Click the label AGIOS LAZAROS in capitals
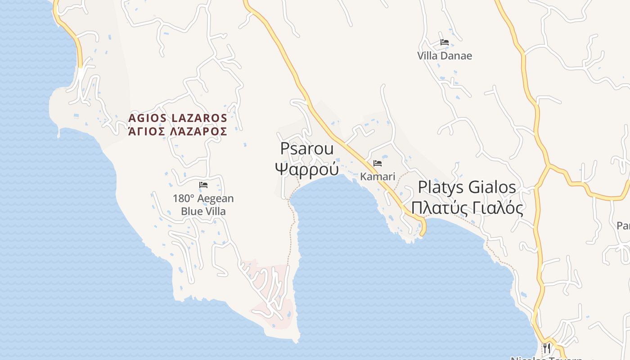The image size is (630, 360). click(178, 118)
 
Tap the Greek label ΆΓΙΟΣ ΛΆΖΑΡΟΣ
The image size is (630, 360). click(178, 131)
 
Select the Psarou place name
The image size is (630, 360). click(307, 148)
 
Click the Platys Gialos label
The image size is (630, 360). click(467, 187)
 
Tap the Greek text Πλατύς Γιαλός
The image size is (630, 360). click(467, 208)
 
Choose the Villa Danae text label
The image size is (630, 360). click(445, 56)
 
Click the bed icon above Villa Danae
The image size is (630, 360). click(445, 42)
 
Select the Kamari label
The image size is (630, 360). click(378, 176)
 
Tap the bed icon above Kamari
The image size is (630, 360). click(378, 163)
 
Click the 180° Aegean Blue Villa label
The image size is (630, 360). click(203, 205)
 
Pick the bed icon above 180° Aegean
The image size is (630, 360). click(203, 184)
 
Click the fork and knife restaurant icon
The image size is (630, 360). click(547, 347)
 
